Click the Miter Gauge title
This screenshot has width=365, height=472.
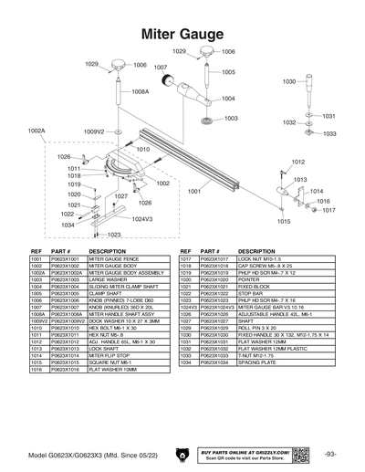[x=182, y=34]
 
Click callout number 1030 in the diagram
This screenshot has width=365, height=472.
[x=288, y=82]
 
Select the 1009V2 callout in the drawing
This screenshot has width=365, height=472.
[x=95, y=131]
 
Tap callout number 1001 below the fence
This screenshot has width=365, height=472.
[x=193, y=191]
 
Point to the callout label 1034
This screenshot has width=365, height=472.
[x=68, y=225]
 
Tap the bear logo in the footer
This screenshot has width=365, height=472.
[x=182, y=454]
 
